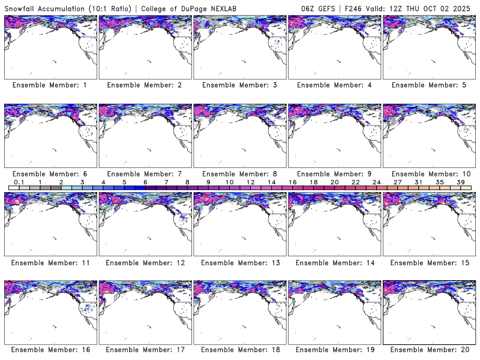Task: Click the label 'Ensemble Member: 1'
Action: tap(50, 85)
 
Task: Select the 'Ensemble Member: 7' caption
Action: tap(145, 173)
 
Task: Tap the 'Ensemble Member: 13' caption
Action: tap(239, 262)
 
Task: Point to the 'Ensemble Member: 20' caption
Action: tap(428, 350)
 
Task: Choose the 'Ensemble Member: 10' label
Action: tap(428, 173)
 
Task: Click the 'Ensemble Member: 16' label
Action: tap(50, 350)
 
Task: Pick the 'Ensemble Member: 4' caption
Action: tap(334, 85)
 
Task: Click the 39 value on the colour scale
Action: tap(461, 182)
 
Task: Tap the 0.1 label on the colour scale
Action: tap(19, 182)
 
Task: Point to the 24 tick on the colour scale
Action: tap(377, 182)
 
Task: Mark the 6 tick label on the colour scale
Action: tap(145, 182)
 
